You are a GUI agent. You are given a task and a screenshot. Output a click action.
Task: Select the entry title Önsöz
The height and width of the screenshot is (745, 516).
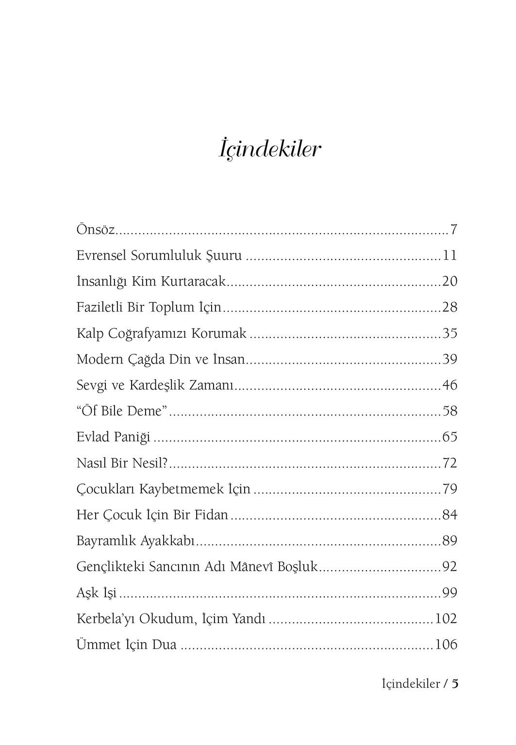pyautogui.click(x=96, y=229)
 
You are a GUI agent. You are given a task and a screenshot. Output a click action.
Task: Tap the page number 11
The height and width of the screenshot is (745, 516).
pyautogui.click(x=449, y=255)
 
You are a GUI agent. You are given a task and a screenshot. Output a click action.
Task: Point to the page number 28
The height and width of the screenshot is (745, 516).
pyautogui.click(x=449, y=307)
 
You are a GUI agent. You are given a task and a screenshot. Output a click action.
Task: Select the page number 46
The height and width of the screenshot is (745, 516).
pyautogui.click(x=449, y=385)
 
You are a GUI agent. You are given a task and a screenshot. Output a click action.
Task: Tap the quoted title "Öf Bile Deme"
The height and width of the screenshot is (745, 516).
pyautogui.click(x=122, y=411)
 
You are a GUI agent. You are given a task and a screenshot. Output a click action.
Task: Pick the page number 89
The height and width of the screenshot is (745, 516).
pyautogui.click(x=449, y=541)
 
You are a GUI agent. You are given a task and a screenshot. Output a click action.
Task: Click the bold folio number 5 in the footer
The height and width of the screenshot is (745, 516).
pyautogui.click(x=455, y=684)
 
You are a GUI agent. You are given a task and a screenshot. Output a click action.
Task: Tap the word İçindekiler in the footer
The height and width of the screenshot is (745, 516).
pyautogui.click(x=411, y=684)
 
